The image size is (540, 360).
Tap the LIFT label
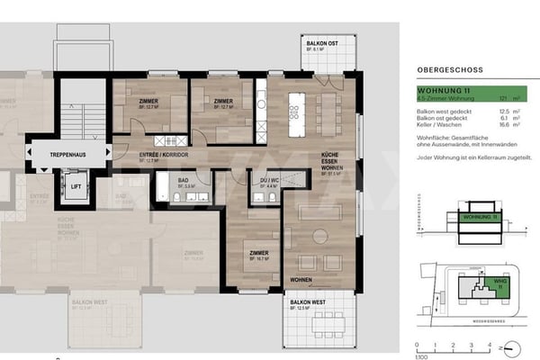76,188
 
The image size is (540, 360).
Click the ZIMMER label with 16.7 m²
257,253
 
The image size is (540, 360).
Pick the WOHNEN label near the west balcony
302,280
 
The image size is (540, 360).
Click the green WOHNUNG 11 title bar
459,91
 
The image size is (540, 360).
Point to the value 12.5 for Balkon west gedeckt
503,111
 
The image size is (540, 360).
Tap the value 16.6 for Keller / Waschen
503,126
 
